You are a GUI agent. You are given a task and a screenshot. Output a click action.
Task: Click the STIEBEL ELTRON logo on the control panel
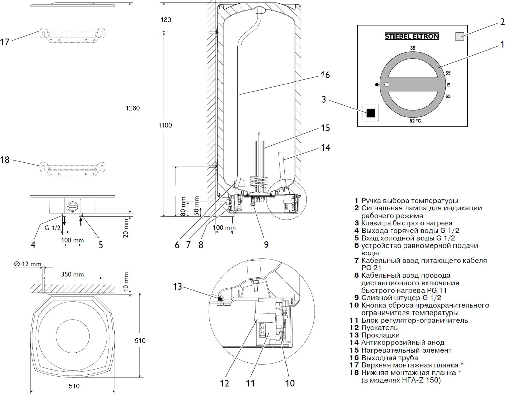click(x=412, y=36)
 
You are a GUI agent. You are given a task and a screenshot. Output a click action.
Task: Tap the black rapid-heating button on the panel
click(x=370, y=113)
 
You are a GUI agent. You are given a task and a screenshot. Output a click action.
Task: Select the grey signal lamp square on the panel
click(x=459, y=36)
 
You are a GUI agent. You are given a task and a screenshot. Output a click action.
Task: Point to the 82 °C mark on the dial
click(x=415, y=121)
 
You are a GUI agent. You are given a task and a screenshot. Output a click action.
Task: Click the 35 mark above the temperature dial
click(x=413, y=48)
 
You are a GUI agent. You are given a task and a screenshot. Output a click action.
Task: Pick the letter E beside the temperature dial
click(x=448, y=85)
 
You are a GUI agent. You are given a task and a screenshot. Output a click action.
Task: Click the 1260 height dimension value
click(x=132, y=108)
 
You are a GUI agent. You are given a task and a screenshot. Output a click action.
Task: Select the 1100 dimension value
click(x=165, y=125)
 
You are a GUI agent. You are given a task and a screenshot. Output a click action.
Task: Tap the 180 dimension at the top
click(x=166, y=20)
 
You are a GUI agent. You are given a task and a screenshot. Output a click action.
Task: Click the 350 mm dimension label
click(x=72, y=274)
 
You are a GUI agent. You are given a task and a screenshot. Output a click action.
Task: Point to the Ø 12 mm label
click(x=28, y=264)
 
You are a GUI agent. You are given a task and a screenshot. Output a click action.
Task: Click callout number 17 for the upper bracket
click(x=5, y=42)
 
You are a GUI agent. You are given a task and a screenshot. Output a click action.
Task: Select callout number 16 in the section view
click(x=325, y=75)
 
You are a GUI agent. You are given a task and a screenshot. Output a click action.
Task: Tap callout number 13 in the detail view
click(x=177, y=287)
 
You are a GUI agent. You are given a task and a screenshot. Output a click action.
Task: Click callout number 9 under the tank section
click(x=266, y=245)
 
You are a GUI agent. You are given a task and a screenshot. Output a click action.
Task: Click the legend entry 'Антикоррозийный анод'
click(x=403, y=342)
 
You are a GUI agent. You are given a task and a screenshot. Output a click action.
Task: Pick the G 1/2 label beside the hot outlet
click(x=53, y=228)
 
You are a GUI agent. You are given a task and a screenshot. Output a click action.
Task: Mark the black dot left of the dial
click(x=377, y=85)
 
